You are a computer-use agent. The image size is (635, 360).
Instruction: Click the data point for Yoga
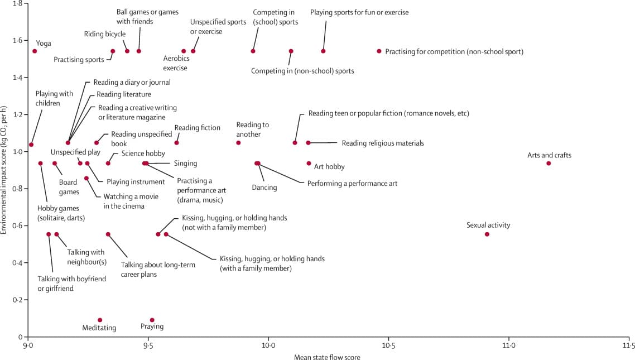tap(35, 51)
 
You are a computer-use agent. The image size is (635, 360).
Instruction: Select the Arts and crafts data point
tap(549, 164)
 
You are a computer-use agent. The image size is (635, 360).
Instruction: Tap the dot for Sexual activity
tap(487, 234)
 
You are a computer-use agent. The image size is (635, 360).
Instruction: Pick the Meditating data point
tap(100, 320)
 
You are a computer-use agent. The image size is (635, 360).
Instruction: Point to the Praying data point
tap(152, 320)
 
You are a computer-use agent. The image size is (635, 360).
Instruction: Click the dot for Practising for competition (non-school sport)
tap(379, 51)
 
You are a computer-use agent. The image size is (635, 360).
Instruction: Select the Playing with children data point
tap(31, 145)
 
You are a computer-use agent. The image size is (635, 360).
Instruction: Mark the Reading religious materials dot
tap(308, 143)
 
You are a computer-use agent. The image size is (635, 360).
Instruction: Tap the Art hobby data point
tap(309, 164)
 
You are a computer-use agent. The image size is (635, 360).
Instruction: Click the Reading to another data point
tap(238, 143)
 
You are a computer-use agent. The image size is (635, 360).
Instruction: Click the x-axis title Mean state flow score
tap(327, 357)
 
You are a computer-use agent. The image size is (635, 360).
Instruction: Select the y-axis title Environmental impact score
tap(4, 169)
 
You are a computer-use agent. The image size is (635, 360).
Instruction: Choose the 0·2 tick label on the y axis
tap(17, 300)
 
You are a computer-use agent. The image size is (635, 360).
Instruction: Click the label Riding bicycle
tap(105, 34)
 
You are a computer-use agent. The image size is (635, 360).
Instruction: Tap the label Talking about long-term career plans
tap(158, 270)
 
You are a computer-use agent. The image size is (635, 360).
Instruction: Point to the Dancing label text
tap(264, 188)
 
